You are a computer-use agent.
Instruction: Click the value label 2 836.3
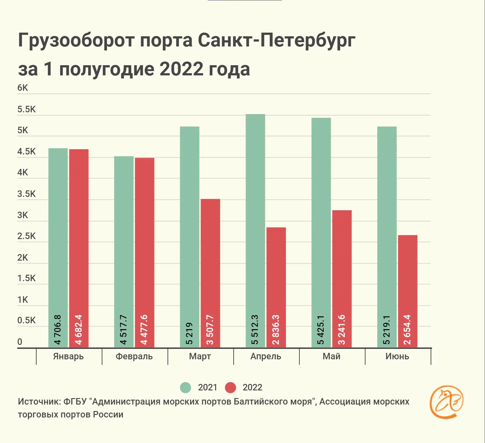click(276, 329)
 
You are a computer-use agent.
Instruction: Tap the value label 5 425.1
click(321, 329)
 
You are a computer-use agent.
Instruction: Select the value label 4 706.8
click(58, 329)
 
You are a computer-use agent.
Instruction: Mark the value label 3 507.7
click(210, 329)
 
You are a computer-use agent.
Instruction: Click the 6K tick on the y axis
click(22, 88)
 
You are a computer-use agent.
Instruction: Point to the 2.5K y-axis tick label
click(26, 236)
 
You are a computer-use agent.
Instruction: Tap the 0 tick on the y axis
click(20, 342)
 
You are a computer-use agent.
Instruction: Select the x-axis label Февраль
click(134, 357)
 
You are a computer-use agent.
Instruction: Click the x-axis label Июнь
click(397, 357)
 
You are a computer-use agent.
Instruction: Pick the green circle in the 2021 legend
click(185, 388)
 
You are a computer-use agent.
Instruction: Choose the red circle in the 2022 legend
click(230, 388)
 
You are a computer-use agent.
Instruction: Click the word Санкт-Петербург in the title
click(276, 40)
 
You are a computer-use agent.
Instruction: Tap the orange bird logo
click(447, 402)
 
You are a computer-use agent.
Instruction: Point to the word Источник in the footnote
click(39, 402)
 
